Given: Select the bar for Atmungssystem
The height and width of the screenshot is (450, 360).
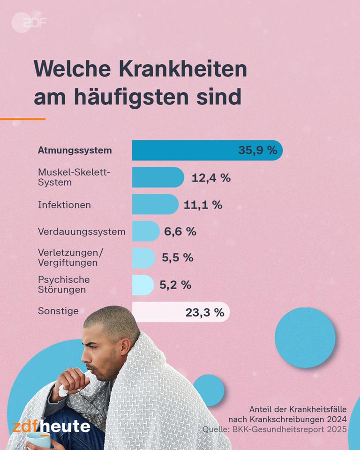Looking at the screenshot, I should coord(206,150).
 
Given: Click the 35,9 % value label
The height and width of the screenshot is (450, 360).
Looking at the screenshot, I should coord(257,150).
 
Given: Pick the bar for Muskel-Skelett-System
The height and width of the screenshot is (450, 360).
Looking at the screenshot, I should coord(157,177).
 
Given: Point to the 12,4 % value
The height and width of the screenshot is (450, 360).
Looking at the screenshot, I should coord(211,178).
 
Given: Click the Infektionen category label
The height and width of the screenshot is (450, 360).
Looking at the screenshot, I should coord(64,205).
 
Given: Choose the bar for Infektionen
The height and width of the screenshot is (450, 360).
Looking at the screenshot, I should coord(155,204).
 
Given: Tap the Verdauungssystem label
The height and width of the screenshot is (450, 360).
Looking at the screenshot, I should coord(82,232).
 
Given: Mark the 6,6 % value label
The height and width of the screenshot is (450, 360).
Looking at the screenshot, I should coord(180,231).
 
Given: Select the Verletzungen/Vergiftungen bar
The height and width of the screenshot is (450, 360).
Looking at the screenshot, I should coord(143,258).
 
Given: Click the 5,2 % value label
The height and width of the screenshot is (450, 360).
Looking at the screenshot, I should coord(175,285).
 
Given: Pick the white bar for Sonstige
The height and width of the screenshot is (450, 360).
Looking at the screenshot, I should coord(180,312).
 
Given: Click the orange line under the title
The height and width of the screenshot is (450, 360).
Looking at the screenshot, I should coord(22,119).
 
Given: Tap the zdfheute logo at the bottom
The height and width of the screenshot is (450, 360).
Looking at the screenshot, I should coord(51,426).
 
